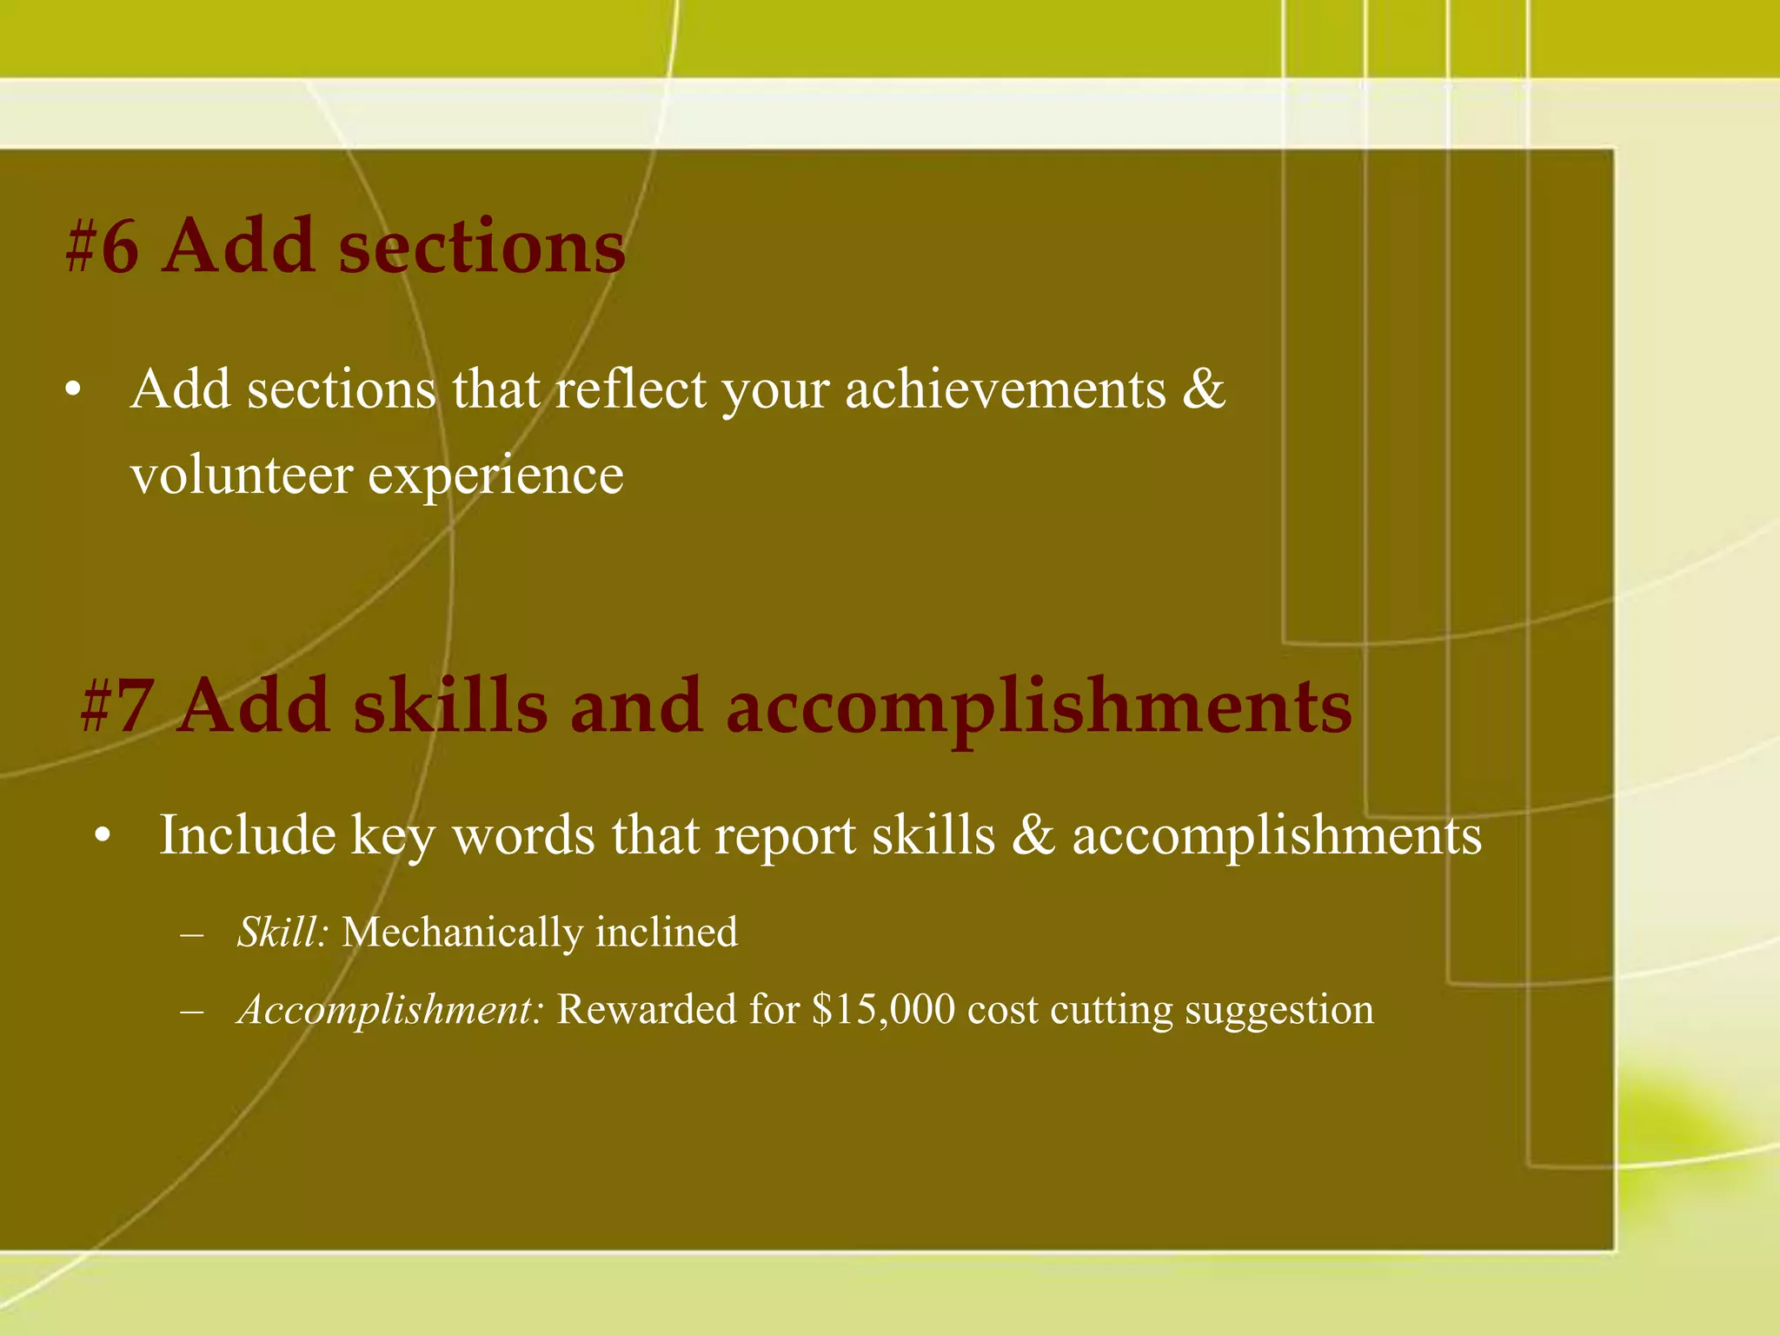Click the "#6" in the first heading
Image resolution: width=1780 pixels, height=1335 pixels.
102,248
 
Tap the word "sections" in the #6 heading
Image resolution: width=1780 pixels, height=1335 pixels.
482,248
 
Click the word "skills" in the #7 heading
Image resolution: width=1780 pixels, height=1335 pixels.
450,707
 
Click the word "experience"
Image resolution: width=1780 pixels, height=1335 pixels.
496,477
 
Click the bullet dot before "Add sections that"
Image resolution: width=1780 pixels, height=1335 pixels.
73,391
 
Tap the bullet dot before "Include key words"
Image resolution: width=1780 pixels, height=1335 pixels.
103,837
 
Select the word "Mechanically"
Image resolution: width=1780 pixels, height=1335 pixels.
462,933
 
